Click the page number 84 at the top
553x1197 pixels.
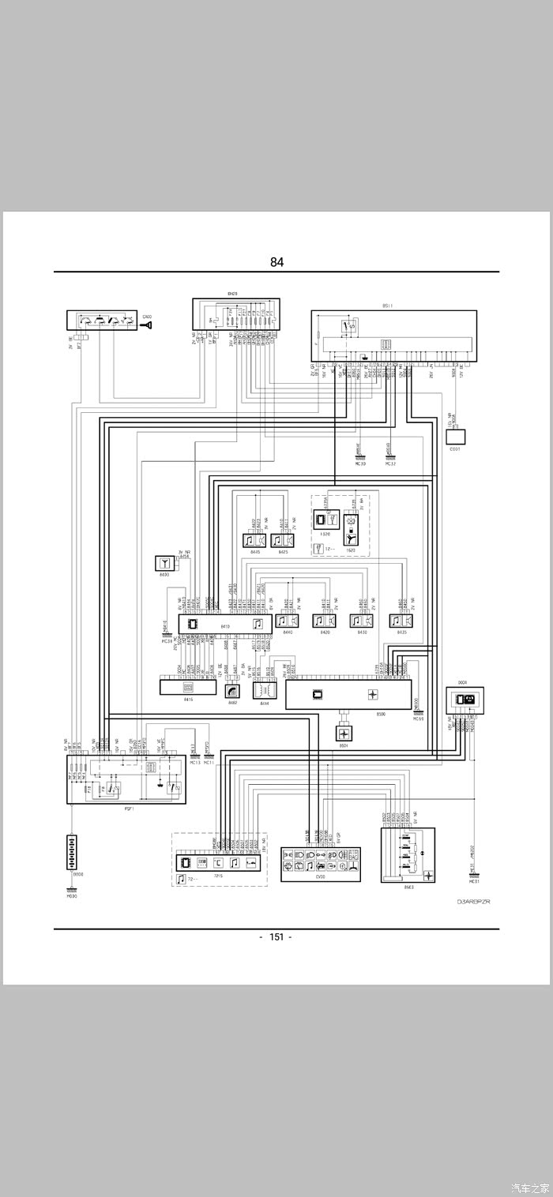276,262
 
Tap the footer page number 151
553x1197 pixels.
276,936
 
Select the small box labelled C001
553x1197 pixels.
456,436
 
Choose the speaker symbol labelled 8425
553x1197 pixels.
282,541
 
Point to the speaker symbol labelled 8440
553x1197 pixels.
286,621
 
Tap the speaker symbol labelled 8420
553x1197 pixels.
325,621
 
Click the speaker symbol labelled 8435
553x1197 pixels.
401,621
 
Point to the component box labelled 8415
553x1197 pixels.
188,687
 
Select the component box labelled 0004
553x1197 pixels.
465,700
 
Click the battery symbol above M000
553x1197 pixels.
72,852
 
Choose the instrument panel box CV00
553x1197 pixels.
321,865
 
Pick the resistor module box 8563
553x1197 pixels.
408,855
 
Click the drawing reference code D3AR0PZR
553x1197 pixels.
473,901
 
